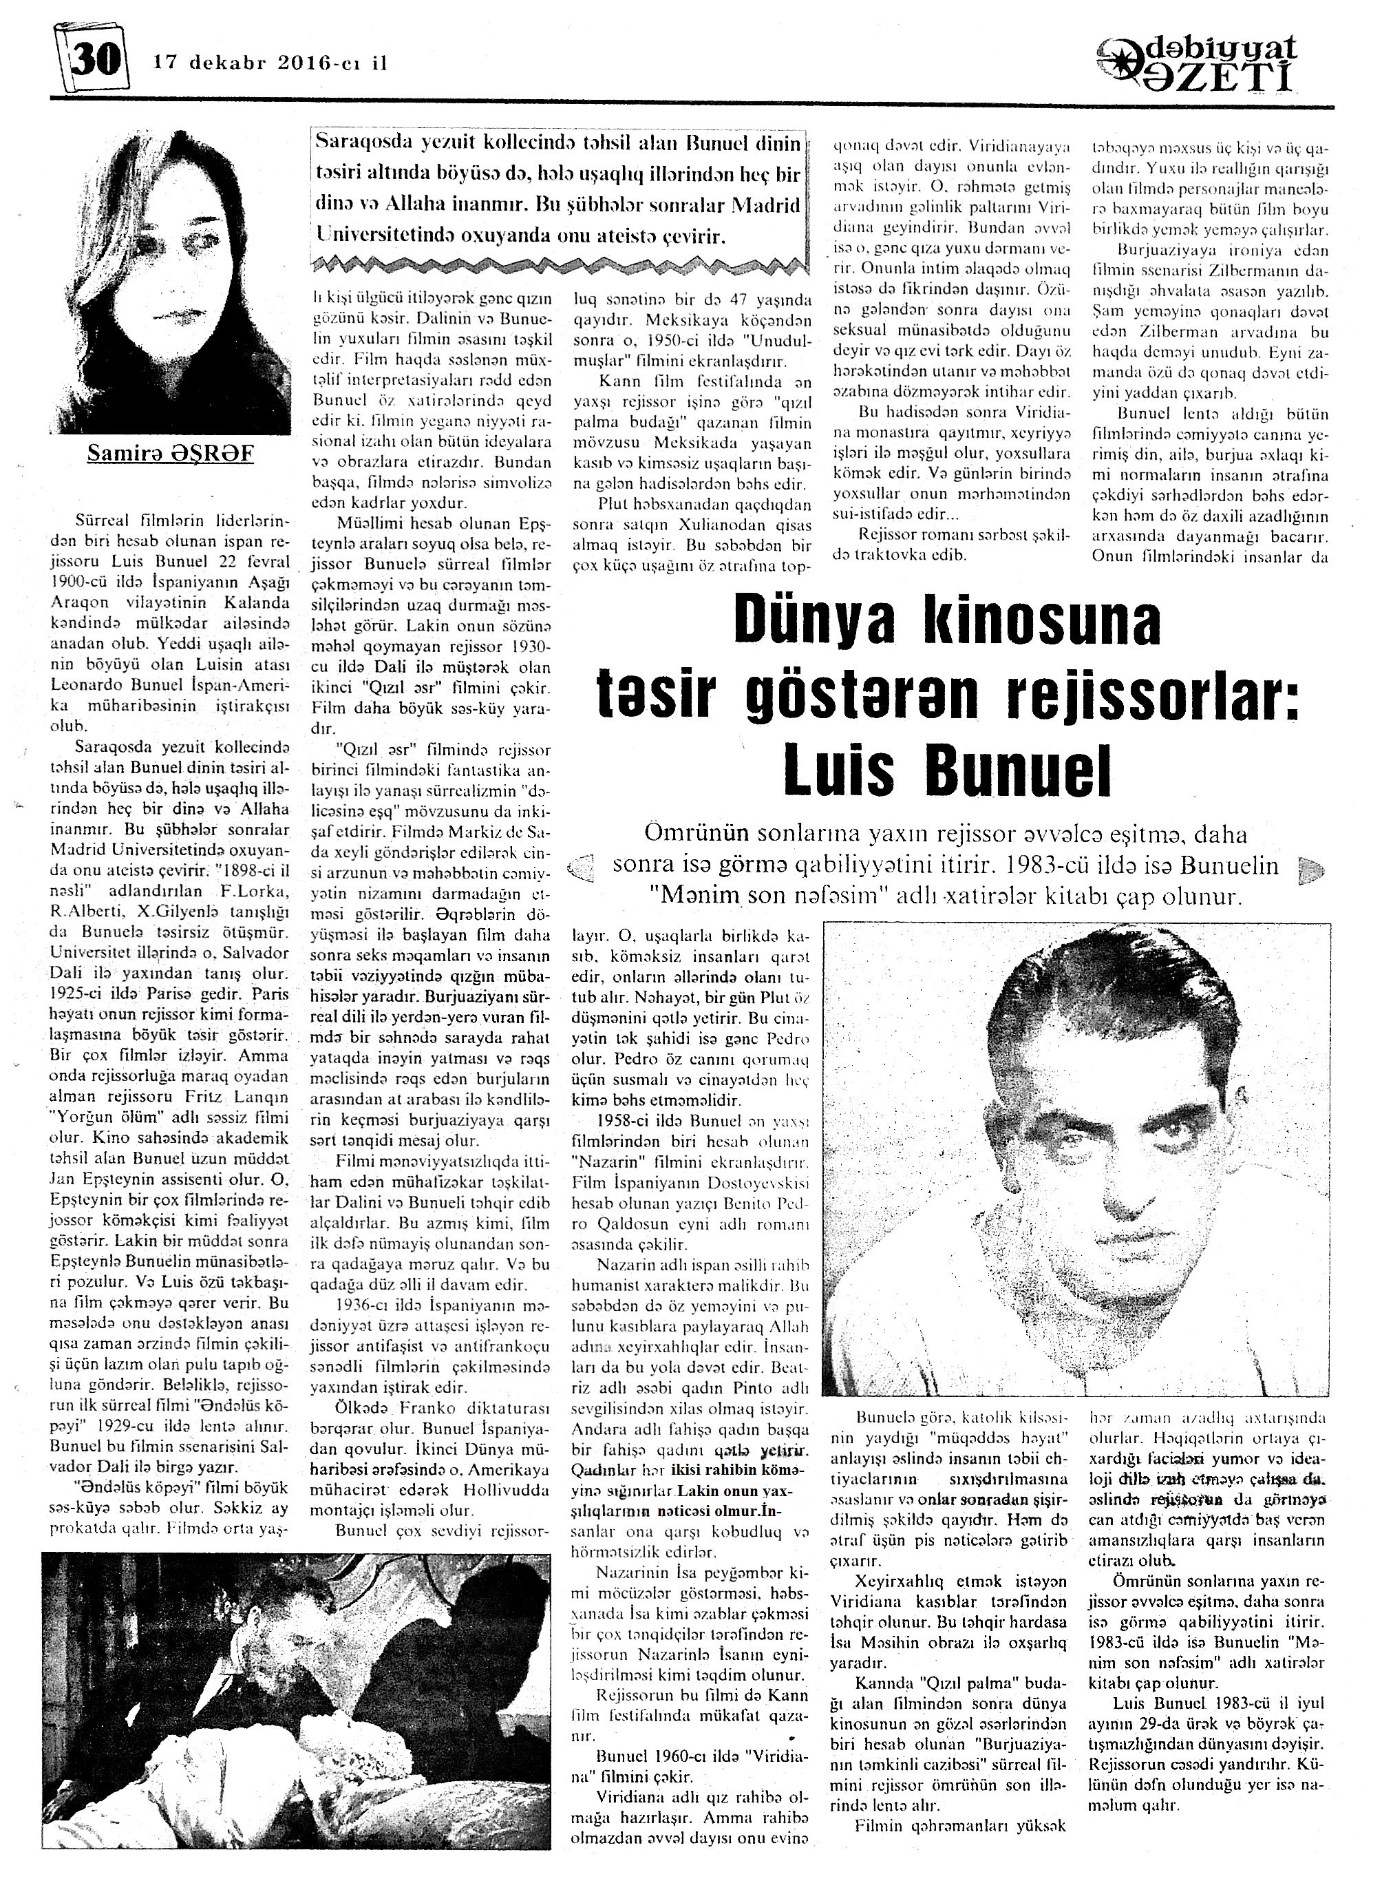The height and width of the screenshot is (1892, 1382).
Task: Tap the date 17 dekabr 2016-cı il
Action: coord(269,63)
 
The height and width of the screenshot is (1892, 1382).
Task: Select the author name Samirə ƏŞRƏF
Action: coord(170,454)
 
